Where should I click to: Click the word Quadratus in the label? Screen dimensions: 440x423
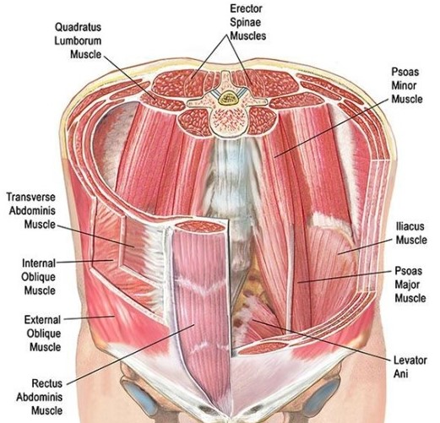(x=78, y=27)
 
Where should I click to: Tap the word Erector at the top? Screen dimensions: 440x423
(x=246, y=8)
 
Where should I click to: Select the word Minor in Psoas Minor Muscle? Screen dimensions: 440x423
(x=404, y=85)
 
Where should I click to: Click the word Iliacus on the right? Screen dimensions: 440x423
(x=410, y=226)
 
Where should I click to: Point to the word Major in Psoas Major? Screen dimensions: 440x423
(x=407, y=285)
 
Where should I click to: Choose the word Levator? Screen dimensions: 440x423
(x=410, y=361)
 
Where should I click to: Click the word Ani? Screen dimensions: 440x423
(x=400, y=374)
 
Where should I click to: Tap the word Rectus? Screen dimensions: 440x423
(x=47, y=383)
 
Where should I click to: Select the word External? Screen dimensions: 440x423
(x=42, y=320)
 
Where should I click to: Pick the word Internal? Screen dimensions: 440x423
(x=39, y=263)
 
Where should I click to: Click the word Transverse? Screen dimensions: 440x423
(x=31, y=197)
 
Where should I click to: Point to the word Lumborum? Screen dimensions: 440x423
(x=78, y=41)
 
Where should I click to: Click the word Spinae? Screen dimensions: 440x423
(x=245, y=22)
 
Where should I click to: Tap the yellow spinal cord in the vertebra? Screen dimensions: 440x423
(x=227, y=98)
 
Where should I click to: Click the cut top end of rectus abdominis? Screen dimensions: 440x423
(x=201, y=226)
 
